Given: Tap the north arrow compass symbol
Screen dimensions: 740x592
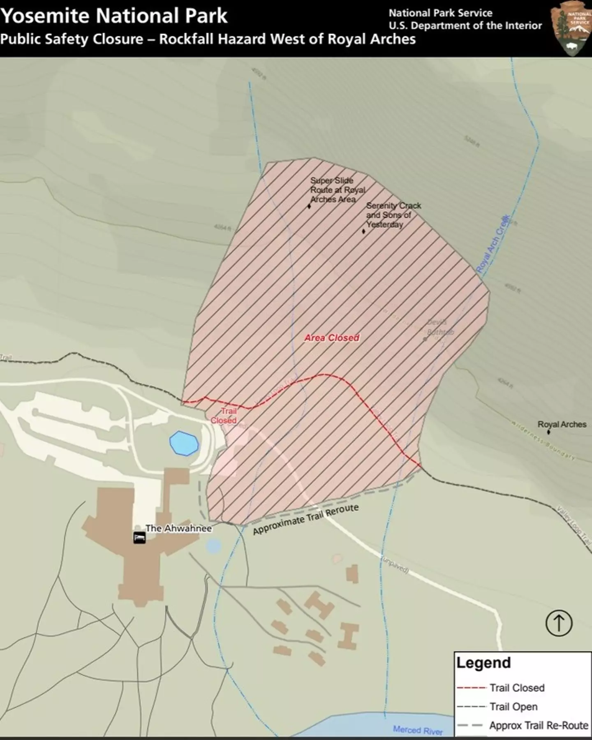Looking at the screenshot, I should point(559,623).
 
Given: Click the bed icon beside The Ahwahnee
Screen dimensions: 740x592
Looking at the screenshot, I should point(139,538).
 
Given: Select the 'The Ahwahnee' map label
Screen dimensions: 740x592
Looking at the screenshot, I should point(178,528).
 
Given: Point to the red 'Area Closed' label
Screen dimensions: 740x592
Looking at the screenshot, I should point(332,338).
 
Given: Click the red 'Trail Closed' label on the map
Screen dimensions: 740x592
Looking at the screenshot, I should point(224,416).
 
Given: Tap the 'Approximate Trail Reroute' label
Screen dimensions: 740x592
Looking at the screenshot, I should point(305,519).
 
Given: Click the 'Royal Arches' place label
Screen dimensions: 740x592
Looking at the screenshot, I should point(562,424).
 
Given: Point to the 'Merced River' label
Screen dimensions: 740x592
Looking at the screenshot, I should point(418,730).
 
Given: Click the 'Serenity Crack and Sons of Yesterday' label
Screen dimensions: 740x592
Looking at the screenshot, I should point(393,215).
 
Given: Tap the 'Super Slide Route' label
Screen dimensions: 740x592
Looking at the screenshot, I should point(338,190).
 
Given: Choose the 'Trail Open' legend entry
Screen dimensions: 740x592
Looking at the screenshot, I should point(513,707).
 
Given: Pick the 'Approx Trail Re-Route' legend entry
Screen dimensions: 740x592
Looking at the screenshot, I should point(539,726).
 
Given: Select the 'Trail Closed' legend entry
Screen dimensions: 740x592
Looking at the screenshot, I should point(517,688).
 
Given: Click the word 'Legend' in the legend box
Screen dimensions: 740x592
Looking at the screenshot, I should point(483,663).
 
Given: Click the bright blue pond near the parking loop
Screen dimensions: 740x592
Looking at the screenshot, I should point(184,443).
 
